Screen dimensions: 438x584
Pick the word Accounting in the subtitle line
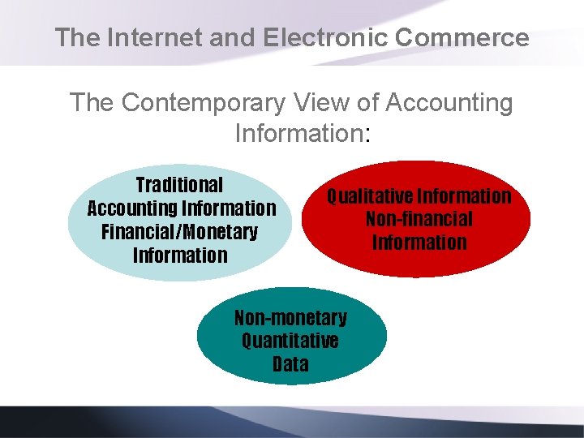point(449,103)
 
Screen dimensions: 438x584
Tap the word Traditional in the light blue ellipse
point(179,185)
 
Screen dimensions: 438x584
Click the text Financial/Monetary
point(179,232)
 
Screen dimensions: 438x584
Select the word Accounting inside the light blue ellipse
point(133,208)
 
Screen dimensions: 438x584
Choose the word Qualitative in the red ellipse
point(370,196)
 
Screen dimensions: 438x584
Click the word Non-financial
point(419,219)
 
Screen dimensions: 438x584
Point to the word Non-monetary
point(290,317)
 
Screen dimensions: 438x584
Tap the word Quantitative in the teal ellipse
point(290,341)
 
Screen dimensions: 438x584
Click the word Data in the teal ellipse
point(290,364)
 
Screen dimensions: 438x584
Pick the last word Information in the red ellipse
point(419,243)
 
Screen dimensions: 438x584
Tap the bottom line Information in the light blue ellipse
point(179,255)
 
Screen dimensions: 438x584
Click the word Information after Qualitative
point(465,196)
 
